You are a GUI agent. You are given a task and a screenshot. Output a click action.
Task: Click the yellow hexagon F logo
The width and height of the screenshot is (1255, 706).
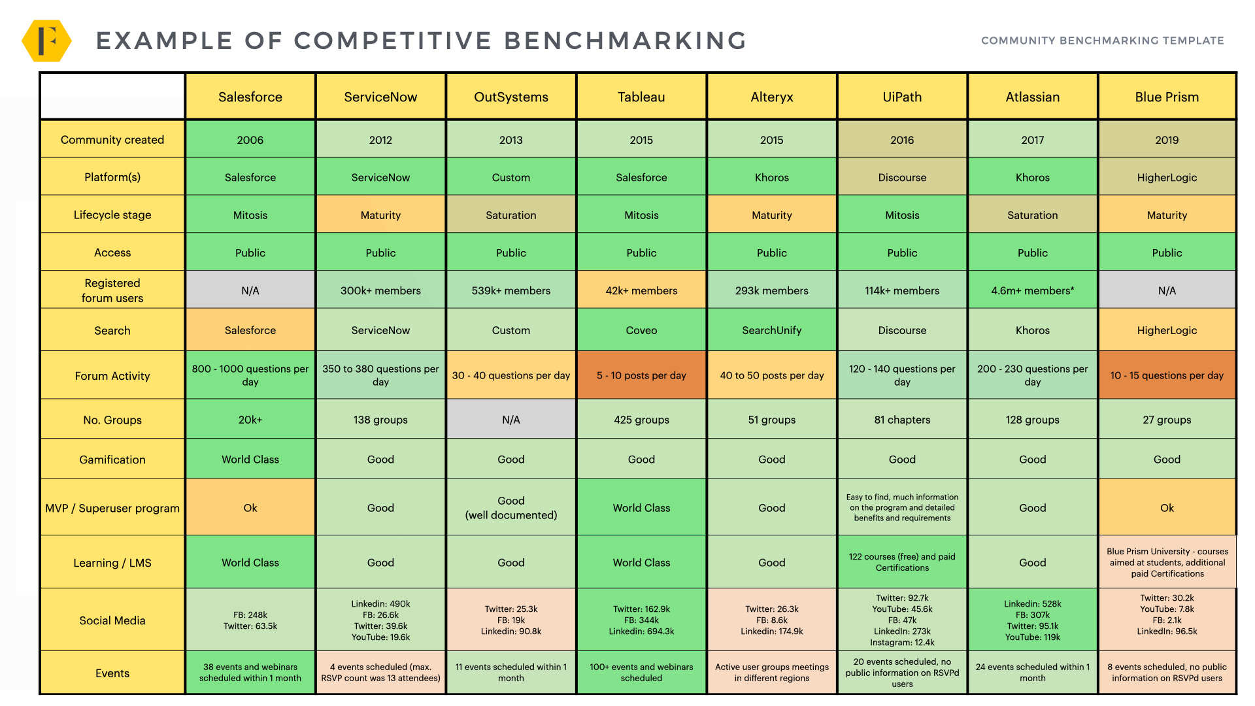(x=46, y=41)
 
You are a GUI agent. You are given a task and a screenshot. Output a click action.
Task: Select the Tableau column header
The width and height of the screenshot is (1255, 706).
(x=641, y=97)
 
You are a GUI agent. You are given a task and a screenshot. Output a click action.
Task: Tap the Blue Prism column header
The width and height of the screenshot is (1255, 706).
(x=1167, y=97)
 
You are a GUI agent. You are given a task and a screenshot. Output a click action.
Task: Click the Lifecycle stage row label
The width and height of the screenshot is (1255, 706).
(x=112, y=215)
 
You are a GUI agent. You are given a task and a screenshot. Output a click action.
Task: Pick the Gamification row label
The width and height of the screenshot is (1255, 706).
(x=112, y=460)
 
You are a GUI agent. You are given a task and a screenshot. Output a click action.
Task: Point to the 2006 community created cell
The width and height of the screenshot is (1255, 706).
(x=250, y=140)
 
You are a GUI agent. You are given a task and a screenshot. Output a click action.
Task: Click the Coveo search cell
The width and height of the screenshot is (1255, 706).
(x=641, y=330)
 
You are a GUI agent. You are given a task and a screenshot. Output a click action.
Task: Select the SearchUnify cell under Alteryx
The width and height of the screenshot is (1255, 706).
(x=771, y=330)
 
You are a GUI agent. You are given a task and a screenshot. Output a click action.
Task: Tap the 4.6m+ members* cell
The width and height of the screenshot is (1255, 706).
(x=1032, y=290)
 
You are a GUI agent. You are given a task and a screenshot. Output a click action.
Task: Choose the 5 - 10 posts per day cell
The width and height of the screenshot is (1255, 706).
(x=641, y=375)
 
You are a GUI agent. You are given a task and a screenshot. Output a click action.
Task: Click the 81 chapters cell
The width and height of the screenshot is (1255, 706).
(x=902, y=420)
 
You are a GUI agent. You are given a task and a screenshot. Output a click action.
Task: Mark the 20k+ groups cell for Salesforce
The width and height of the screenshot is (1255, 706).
(x=250, y=420)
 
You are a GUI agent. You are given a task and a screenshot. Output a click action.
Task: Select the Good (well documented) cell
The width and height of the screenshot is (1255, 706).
(x=511, y=508)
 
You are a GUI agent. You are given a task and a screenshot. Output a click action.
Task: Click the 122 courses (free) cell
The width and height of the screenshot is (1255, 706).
(x=902, y=562)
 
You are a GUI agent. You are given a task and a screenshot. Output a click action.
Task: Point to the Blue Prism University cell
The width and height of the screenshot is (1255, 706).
(x=1167, y=562)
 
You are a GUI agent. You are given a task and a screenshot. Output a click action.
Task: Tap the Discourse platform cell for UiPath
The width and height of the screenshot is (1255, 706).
(x=902, y=177)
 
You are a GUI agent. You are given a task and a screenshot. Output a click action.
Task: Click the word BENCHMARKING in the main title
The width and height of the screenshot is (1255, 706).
(x=626, y=41)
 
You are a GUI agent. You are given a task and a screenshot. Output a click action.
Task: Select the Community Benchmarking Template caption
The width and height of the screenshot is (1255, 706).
(x=1102, y=41)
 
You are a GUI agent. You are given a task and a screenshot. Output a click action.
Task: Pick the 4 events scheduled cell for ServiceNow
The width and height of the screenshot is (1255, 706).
(x=380, y=673)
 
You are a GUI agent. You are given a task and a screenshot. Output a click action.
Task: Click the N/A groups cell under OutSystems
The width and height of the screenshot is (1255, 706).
(x=511, y=420)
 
